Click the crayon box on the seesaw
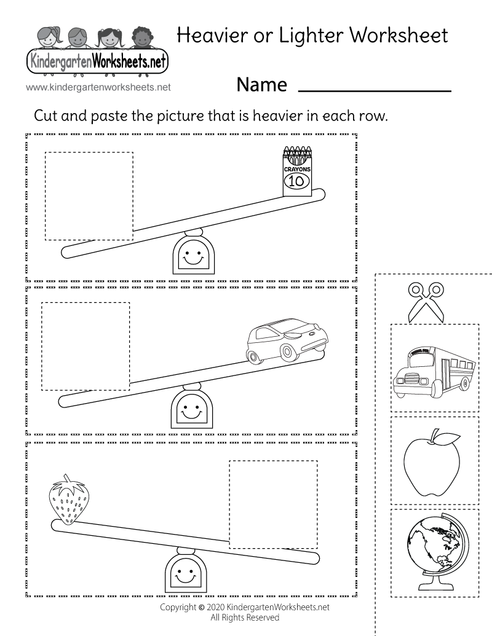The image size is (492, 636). point(297,171)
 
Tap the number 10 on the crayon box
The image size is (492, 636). point(297,181)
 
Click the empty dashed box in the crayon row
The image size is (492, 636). point(89,196)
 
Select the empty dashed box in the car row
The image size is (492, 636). point(85,346)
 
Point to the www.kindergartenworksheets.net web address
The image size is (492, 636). point(98,87)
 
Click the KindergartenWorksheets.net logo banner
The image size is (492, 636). point(97,62)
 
